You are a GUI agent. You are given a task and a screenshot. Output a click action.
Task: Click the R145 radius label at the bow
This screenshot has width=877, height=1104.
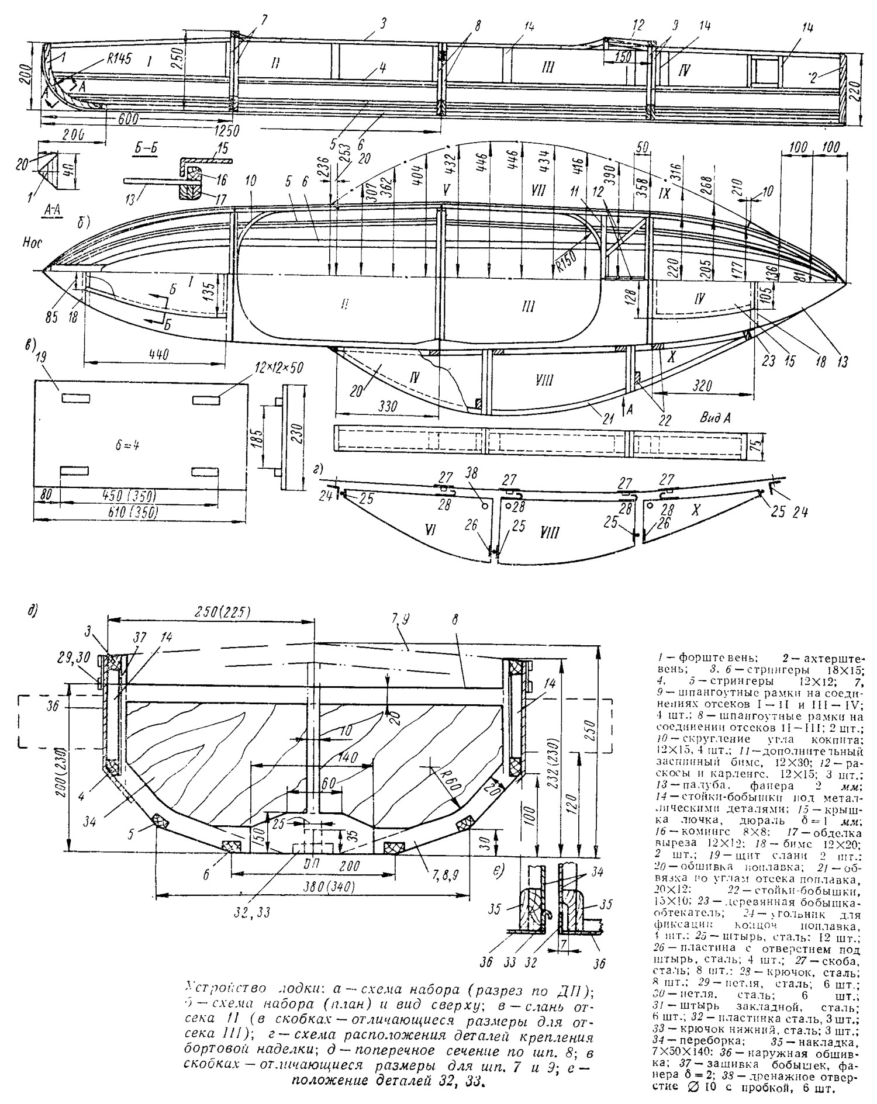pyautogui.click(x=119, y=58)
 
